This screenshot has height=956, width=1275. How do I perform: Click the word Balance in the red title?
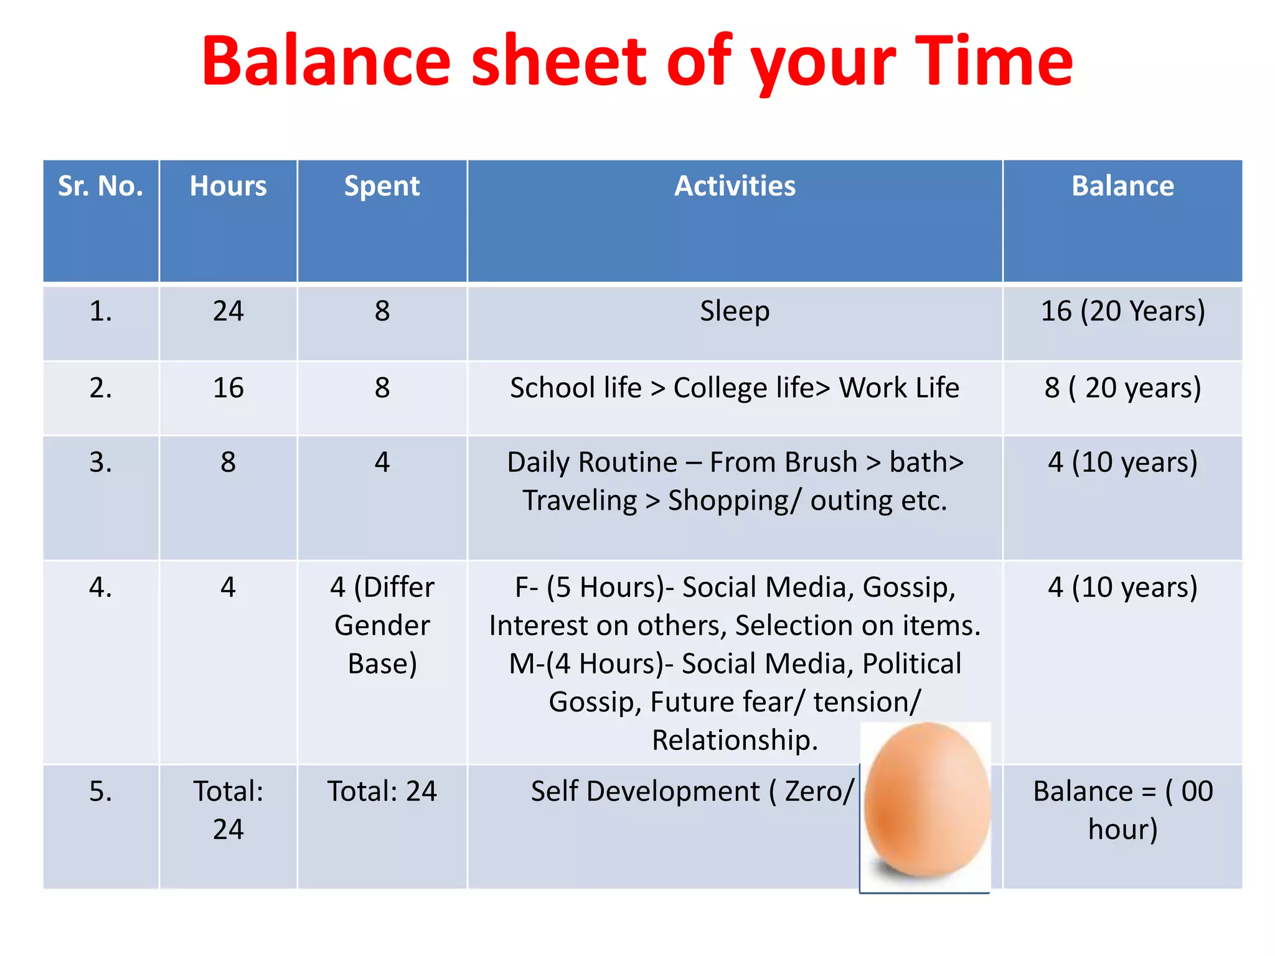pyautogui.click(x=326, y=61)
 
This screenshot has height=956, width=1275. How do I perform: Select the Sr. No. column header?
pyautogui.click(x=100, y=186)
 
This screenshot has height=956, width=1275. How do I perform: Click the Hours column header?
pyautogui.click(x=228, y=186)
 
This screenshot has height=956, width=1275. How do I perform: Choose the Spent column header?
pyautogui.click(x=382, y=186)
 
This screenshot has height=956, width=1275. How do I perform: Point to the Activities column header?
pyautogui.click(x=735, y=186)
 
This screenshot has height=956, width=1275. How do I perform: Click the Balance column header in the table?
pyautogui.click(x=1122, y=186)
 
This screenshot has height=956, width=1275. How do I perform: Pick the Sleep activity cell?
pyautogui.click(x=735, y=311)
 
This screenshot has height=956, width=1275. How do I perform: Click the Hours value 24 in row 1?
pyautogui.click(x=228, y=311)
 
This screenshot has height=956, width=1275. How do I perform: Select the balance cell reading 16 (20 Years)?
pyautogui.click(x=1122, y=311)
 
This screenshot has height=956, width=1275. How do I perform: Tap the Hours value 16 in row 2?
pyautogui.click(x=228, y=388)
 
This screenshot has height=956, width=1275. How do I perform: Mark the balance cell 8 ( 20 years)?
pyautogui.click(x=1122, y=388)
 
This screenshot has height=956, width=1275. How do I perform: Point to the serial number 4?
pyautogui.click(x=100, y=587)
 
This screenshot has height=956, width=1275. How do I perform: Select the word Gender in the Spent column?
pyautogui.click(x=382, y=626)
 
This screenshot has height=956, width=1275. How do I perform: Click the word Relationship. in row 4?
pyautogui.click(x=735, y=740)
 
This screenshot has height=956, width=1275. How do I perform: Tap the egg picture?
pyautogui.click(x=926, y=803)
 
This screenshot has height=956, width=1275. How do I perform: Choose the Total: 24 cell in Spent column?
pyautogui.click(x=382, y=792)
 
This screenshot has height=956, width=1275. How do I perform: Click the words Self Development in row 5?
pyautogui.click(x=645, y=792)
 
